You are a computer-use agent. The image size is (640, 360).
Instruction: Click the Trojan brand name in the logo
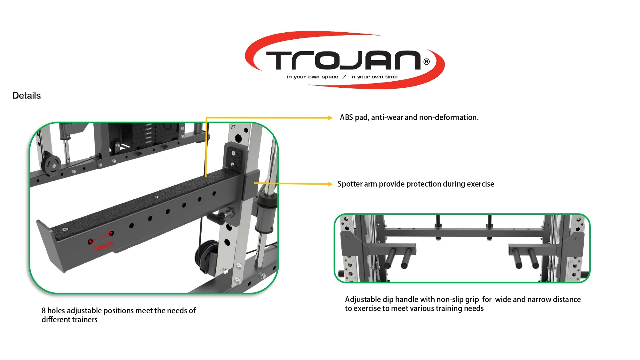[x=343, y=60]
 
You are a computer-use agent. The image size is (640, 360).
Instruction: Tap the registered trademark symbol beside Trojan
[x=427, y=61]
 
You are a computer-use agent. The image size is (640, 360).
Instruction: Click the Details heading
[x=27, y=95]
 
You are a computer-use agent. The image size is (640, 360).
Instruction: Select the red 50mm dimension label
[x=103, y=246]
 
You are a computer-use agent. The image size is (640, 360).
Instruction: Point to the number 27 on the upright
[x=233, y=127]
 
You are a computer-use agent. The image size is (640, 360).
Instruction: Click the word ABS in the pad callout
[x=346, y=117]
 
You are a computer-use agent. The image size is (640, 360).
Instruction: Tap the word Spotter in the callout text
[x=349, y=184]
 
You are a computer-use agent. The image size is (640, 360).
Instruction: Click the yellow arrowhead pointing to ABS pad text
[x=330, y=118]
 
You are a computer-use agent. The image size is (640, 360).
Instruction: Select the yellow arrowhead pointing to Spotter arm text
[x=330, y=184]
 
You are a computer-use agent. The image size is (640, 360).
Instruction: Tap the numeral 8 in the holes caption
[x=44, y=310]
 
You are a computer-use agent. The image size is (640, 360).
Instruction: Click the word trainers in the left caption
[x=84, y=319]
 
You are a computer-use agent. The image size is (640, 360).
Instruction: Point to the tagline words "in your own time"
[x=374, y=77]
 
